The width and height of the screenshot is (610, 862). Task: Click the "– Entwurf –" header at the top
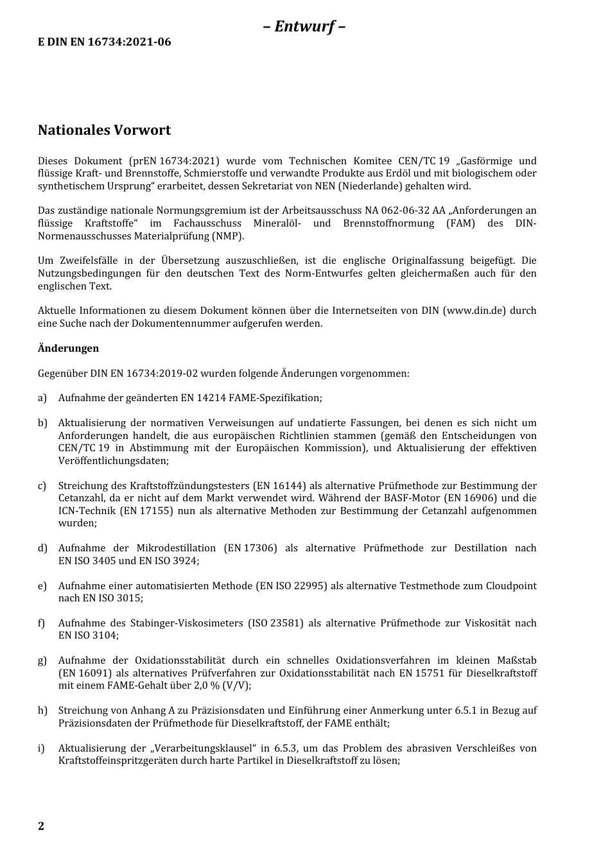[304, 26]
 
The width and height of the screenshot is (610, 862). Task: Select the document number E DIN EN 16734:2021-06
[105, 42]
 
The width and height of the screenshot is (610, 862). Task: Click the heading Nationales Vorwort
[104, 130]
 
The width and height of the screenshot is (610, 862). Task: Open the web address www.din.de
[475, 311]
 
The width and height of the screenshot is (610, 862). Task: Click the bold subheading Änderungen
[68, 349]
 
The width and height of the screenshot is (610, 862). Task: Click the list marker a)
[42, 398]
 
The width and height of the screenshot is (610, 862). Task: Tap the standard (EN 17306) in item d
[250, 548]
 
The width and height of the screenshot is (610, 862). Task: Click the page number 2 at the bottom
[41, 826]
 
